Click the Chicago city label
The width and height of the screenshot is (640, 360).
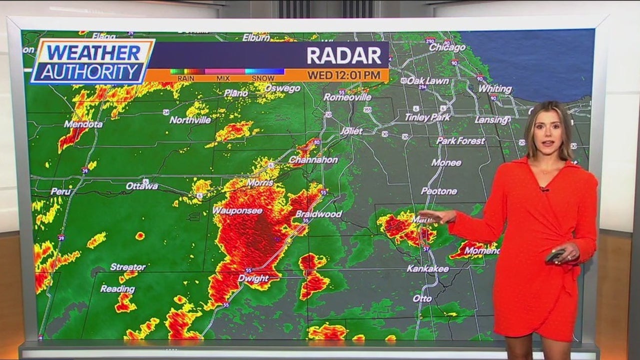tap(447, 47)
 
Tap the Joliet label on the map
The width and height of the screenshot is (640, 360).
tap(351, 131)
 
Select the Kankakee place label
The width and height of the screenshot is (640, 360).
tap(427, 268)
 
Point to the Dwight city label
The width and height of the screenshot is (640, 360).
tap(253, 278)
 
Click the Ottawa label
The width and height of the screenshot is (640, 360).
tap(142, 186)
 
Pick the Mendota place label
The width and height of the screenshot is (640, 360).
tap(83, 124)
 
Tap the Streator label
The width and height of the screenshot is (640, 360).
tap(128, 267)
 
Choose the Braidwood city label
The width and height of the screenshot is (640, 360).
tap(318, 214)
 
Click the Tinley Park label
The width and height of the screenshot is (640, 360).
tap(427, 117)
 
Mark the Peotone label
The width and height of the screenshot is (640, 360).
tap(439, 191)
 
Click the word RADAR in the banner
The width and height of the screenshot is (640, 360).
tap(344, 55)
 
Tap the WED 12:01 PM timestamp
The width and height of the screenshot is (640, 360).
tap(343, 75)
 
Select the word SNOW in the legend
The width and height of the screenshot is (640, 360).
tap(262, 78)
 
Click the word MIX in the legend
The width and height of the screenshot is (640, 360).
tap(223, 78)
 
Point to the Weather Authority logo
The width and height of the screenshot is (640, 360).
tap(92, 61)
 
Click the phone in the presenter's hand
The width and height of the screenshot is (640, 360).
tap(554, 255)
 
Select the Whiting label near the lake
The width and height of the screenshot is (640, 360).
tap(495, 89)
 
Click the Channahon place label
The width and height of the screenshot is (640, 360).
tap(313, 160)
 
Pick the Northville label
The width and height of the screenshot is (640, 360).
tap(190, 120)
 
